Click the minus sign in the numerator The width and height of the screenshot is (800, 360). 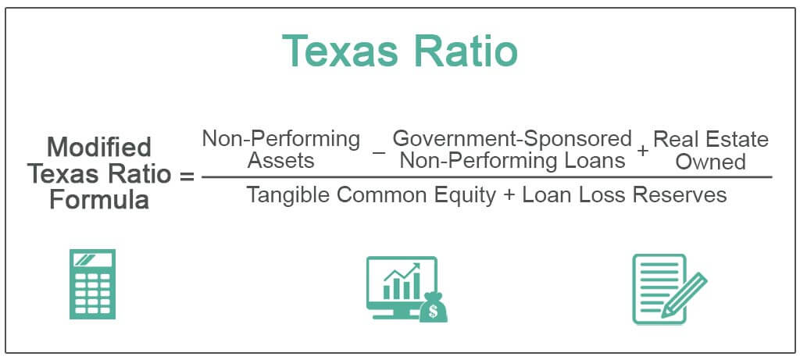[x=379, y=151]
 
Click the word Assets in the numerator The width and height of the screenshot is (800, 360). [x=280, y=161]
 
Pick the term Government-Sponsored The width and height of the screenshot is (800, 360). [x=512, y=139]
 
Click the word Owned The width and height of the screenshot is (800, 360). [x=710, y=162]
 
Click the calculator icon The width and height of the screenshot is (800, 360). [x=91, y=284]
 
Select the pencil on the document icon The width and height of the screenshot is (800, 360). [x=683, y=295]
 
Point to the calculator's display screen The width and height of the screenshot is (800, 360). [x=91, y=260]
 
